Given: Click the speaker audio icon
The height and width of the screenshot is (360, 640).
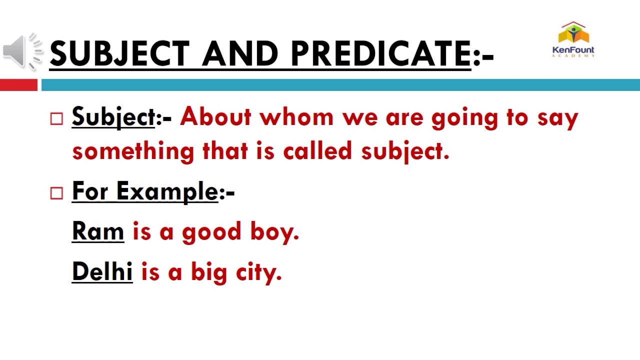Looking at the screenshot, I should pyautogui.click(x=21, y=51).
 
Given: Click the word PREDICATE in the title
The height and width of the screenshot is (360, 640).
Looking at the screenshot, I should pyautogui.click(x=380, y=53).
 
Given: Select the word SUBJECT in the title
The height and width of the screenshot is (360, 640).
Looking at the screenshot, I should pyautogui.click(x=119, y=53).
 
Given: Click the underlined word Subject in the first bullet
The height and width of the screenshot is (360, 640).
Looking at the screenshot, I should pyautogui.click(x=113, y=117).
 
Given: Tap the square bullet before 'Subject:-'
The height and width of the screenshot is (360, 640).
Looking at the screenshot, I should pyautogui.click(x=57, y=118).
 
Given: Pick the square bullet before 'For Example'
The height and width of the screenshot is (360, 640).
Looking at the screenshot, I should pyautogui.click(x=57, y=193).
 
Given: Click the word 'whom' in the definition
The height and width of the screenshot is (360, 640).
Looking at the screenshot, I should pyautogui.click(x=296, y=117).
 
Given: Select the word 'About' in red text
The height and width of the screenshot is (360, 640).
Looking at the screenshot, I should pyautogui.click(x=215, y=117).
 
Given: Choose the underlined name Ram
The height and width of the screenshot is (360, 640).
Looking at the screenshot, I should pyautogui.click(x=98, y=231).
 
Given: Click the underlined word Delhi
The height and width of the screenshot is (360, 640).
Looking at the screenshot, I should pyautogui.click(x=102, y=271).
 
